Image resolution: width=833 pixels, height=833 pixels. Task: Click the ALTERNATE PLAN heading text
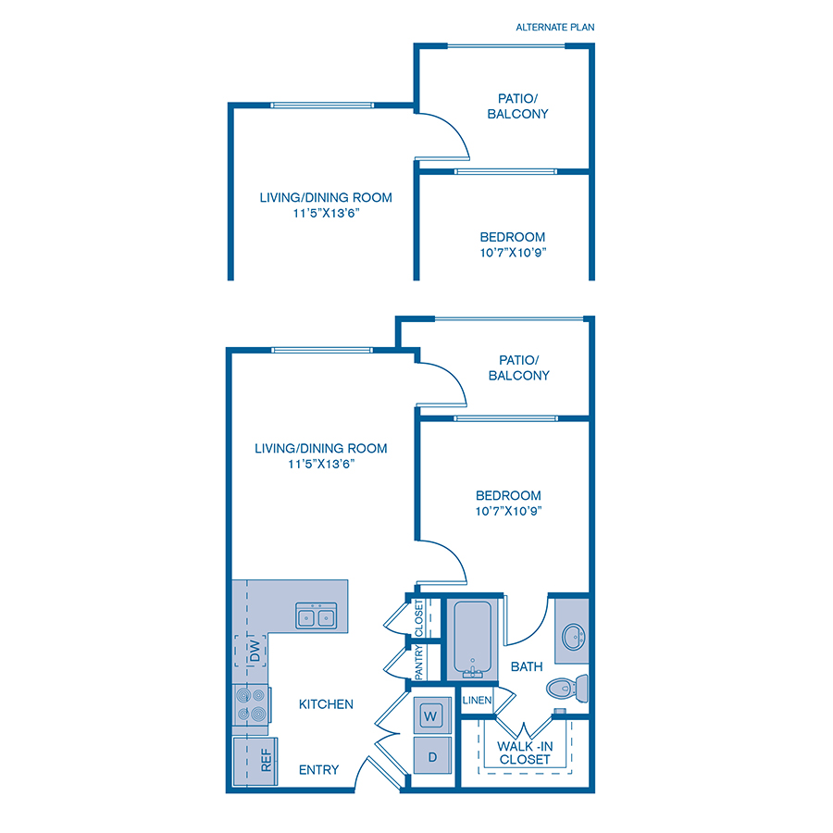(555, 27)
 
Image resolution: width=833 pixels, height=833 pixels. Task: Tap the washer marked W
(431, 715)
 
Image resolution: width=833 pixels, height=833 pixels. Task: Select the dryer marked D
(431, 755)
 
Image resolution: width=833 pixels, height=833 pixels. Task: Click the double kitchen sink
(316, 616)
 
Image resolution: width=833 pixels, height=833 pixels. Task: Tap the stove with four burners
(250, 704)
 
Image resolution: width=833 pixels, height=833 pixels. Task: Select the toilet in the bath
(566, 688)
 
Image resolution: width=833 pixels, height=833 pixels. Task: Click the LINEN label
(477, 701)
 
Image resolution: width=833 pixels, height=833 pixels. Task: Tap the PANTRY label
(419, 663)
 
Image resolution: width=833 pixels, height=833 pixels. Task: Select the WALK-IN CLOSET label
(525, 752)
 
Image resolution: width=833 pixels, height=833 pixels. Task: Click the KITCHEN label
(326, 704)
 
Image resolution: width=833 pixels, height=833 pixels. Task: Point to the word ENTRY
(318, 770)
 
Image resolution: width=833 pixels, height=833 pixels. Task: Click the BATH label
(527, 666)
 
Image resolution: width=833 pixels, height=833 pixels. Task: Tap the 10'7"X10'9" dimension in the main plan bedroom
(508, 511)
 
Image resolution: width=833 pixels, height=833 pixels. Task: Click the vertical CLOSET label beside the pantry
(419, 617)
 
